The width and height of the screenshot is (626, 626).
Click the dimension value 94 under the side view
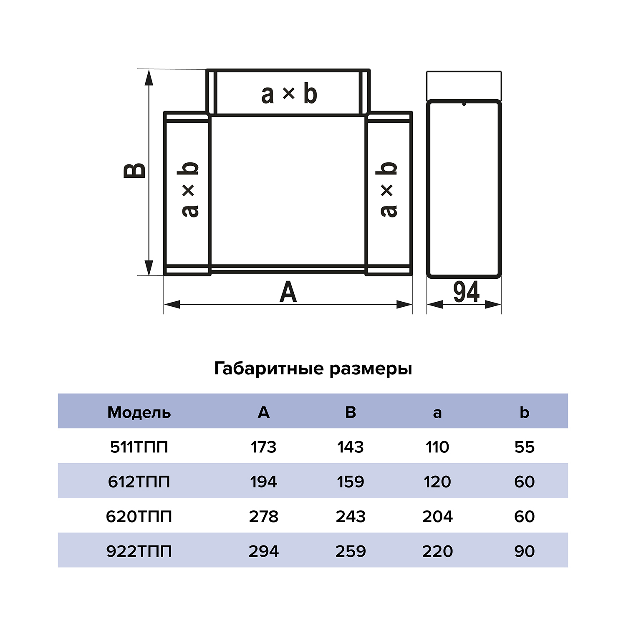(466, 292)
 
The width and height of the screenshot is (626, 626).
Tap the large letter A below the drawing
(288, 292)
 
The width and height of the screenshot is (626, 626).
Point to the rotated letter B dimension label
(135, 171)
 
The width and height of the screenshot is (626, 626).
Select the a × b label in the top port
(289, 94)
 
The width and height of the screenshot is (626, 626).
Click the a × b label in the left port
(190, 189)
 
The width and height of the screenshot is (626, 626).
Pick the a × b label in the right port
(388, 189)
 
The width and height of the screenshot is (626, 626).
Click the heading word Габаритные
(269, 369)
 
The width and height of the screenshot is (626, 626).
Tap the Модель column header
(139, 412)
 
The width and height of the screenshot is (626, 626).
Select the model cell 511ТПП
(139, 447)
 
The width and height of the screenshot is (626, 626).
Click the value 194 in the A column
(263, 482)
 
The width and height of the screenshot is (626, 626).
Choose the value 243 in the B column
(351, 517)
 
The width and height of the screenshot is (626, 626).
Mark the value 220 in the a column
(437, 551)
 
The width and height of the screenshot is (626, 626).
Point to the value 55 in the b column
(524, 447)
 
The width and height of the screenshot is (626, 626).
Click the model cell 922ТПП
(139, 551)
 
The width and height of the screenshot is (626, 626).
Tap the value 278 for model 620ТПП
(263, 517)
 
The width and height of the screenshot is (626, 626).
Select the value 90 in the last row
(524, 551)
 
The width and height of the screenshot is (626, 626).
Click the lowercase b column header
(524, 412)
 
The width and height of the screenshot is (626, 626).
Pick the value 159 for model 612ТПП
(351, 482)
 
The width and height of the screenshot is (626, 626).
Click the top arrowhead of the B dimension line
(149, 77)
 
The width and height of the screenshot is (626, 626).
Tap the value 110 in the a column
(437, 447)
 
